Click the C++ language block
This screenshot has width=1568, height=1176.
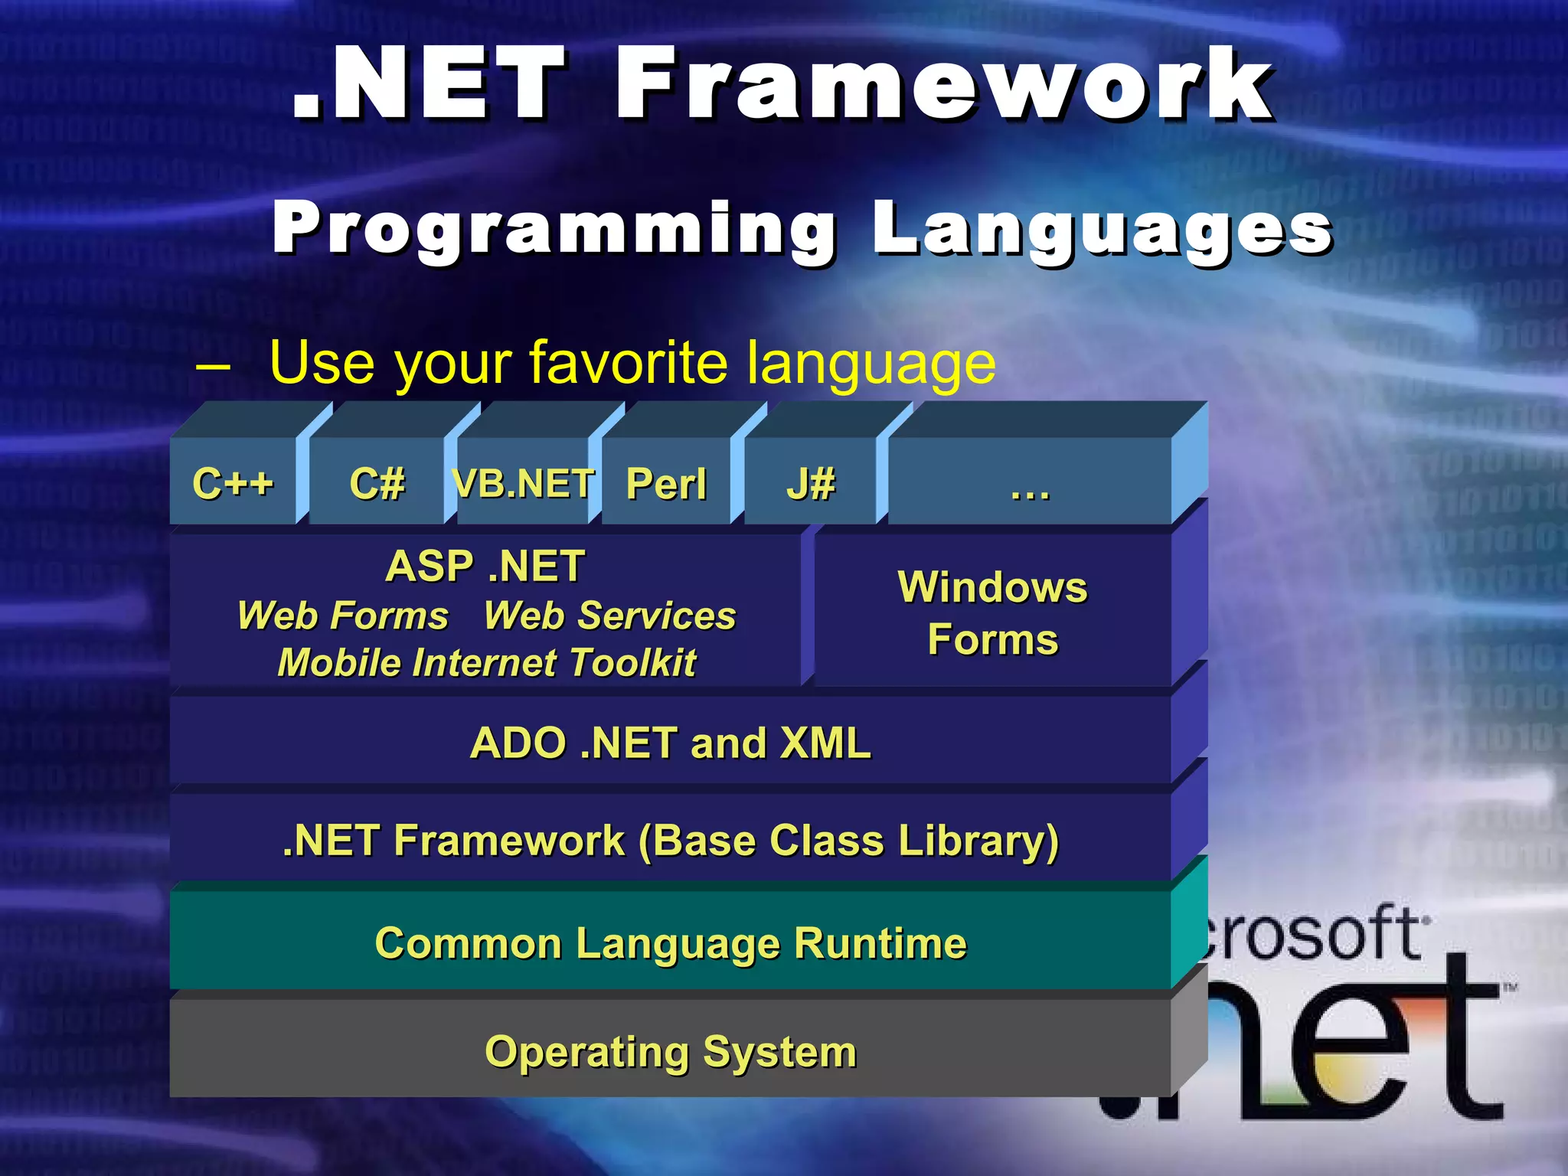pyautogui.click(x=233, y=483)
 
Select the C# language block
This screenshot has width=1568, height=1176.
pyautogui.click(x=377, y=483)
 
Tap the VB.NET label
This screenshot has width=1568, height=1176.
pyautogui.click(x=523, y=483)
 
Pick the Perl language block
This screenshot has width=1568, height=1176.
pyautogui.click(x=666, y=483)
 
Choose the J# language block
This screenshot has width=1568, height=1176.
pyautogui.click(x=811, y=483)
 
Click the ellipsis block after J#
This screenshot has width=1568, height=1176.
pyautogui.click(x=1030, y=483)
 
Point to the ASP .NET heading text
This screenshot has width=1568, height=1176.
pyautogui.click(x=485, y=567)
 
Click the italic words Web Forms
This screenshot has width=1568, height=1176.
pyautogui.click(x=342, y=616)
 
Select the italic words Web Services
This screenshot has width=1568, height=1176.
pyautogui.click(x=609, y=616)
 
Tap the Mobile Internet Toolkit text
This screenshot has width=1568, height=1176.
pyautogui.click(x=487, y=663)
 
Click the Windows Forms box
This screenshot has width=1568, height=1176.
pyautogui.click(x=992, y=612)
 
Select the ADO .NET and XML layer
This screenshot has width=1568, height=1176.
pyautogui.click(x=670, y=743)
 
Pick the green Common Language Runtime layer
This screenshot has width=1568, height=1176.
pyautogui.click(x=670, y=943)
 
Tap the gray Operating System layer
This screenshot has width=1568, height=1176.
pyautogui.click(x=670, y=1052)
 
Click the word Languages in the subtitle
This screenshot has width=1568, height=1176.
pyautogui.click(x=1102, y=228)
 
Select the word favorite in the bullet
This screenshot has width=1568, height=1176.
pyautogui.click(x=628, y=362)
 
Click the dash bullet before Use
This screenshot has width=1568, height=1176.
pyautogui.click(x=213, y=366)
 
